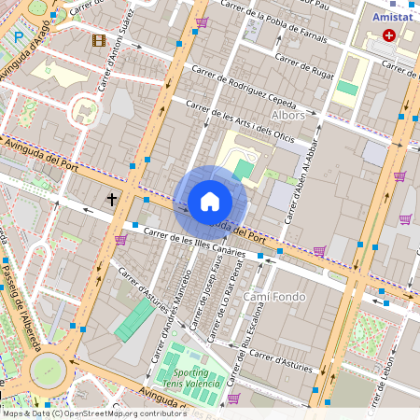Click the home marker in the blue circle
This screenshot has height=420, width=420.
[x=210, y=202]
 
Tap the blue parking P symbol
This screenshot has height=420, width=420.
[x=19, y=37]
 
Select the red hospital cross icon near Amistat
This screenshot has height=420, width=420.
[x=388, y=35]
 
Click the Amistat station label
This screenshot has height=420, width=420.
[x=393, y=17]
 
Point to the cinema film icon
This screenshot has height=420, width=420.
[x=99, y=39]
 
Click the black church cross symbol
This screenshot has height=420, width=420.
[x=112, y=199]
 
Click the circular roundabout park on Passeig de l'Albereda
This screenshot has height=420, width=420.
[x=48, y=371]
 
